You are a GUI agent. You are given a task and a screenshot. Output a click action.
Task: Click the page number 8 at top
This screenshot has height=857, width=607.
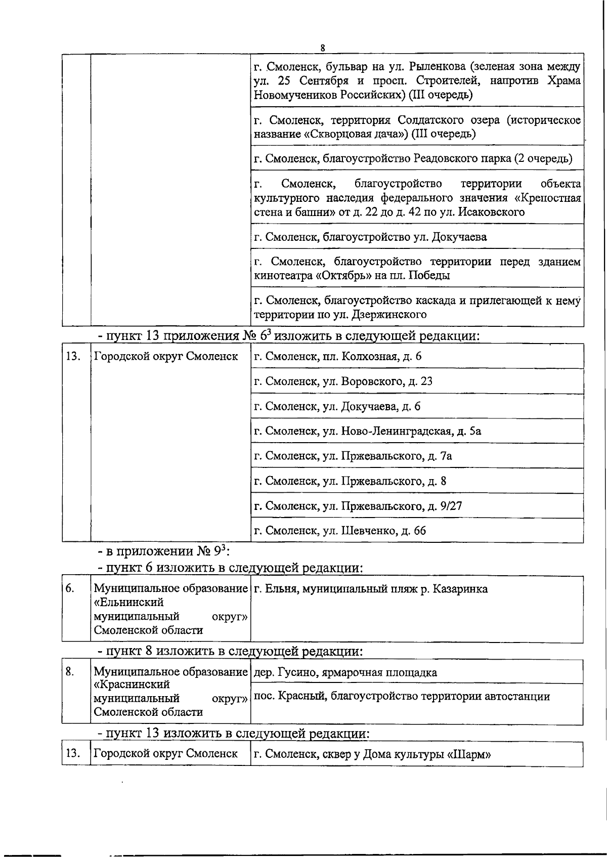click(x=322, y=48)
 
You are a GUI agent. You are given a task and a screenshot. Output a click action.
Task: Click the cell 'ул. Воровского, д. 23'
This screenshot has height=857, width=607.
click(x=343, y=381)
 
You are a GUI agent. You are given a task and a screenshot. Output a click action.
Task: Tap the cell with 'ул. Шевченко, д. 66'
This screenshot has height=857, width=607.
click(x=339, y=530)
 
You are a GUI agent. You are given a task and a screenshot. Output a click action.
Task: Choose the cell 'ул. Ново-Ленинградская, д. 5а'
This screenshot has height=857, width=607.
click(x=367, y=431)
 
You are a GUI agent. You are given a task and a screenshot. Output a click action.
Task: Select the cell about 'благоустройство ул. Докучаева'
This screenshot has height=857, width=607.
click(x=370, y=237)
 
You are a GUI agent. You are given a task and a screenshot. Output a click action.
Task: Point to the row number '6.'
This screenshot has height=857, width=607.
click(x=70, y=588)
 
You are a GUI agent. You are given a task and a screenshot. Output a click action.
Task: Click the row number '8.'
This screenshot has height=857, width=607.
click(x=70, y=671)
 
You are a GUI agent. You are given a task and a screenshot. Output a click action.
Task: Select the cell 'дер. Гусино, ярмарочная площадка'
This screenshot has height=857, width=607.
click(x=345, y=672)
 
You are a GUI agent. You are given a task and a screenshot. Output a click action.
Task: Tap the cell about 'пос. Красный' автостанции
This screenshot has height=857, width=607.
click(x=401, y=696)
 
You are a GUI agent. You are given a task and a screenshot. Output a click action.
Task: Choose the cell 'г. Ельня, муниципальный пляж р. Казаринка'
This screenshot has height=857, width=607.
click(x=370, y=589)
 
